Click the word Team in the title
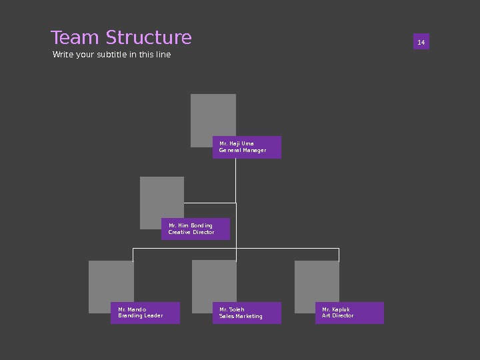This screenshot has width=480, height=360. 71,38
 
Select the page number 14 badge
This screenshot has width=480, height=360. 421,43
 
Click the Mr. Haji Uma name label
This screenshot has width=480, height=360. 237,143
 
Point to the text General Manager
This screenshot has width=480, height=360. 243,151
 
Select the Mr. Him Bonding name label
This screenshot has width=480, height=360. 191,225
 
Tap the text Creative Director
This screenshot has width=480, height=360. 191,233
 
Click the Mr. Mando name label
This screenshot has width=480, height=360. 132,309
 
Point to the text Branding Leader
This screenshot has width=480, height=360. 141,316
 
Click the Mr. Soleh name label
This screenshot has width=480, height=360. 232,309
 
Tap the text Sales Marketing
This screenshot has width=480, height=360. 241,317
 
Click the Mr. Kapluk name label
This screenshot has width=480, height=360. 336,309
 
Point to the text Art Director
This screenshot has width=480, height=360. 338,316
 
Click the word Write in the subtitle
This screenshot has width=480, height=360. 63,55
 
